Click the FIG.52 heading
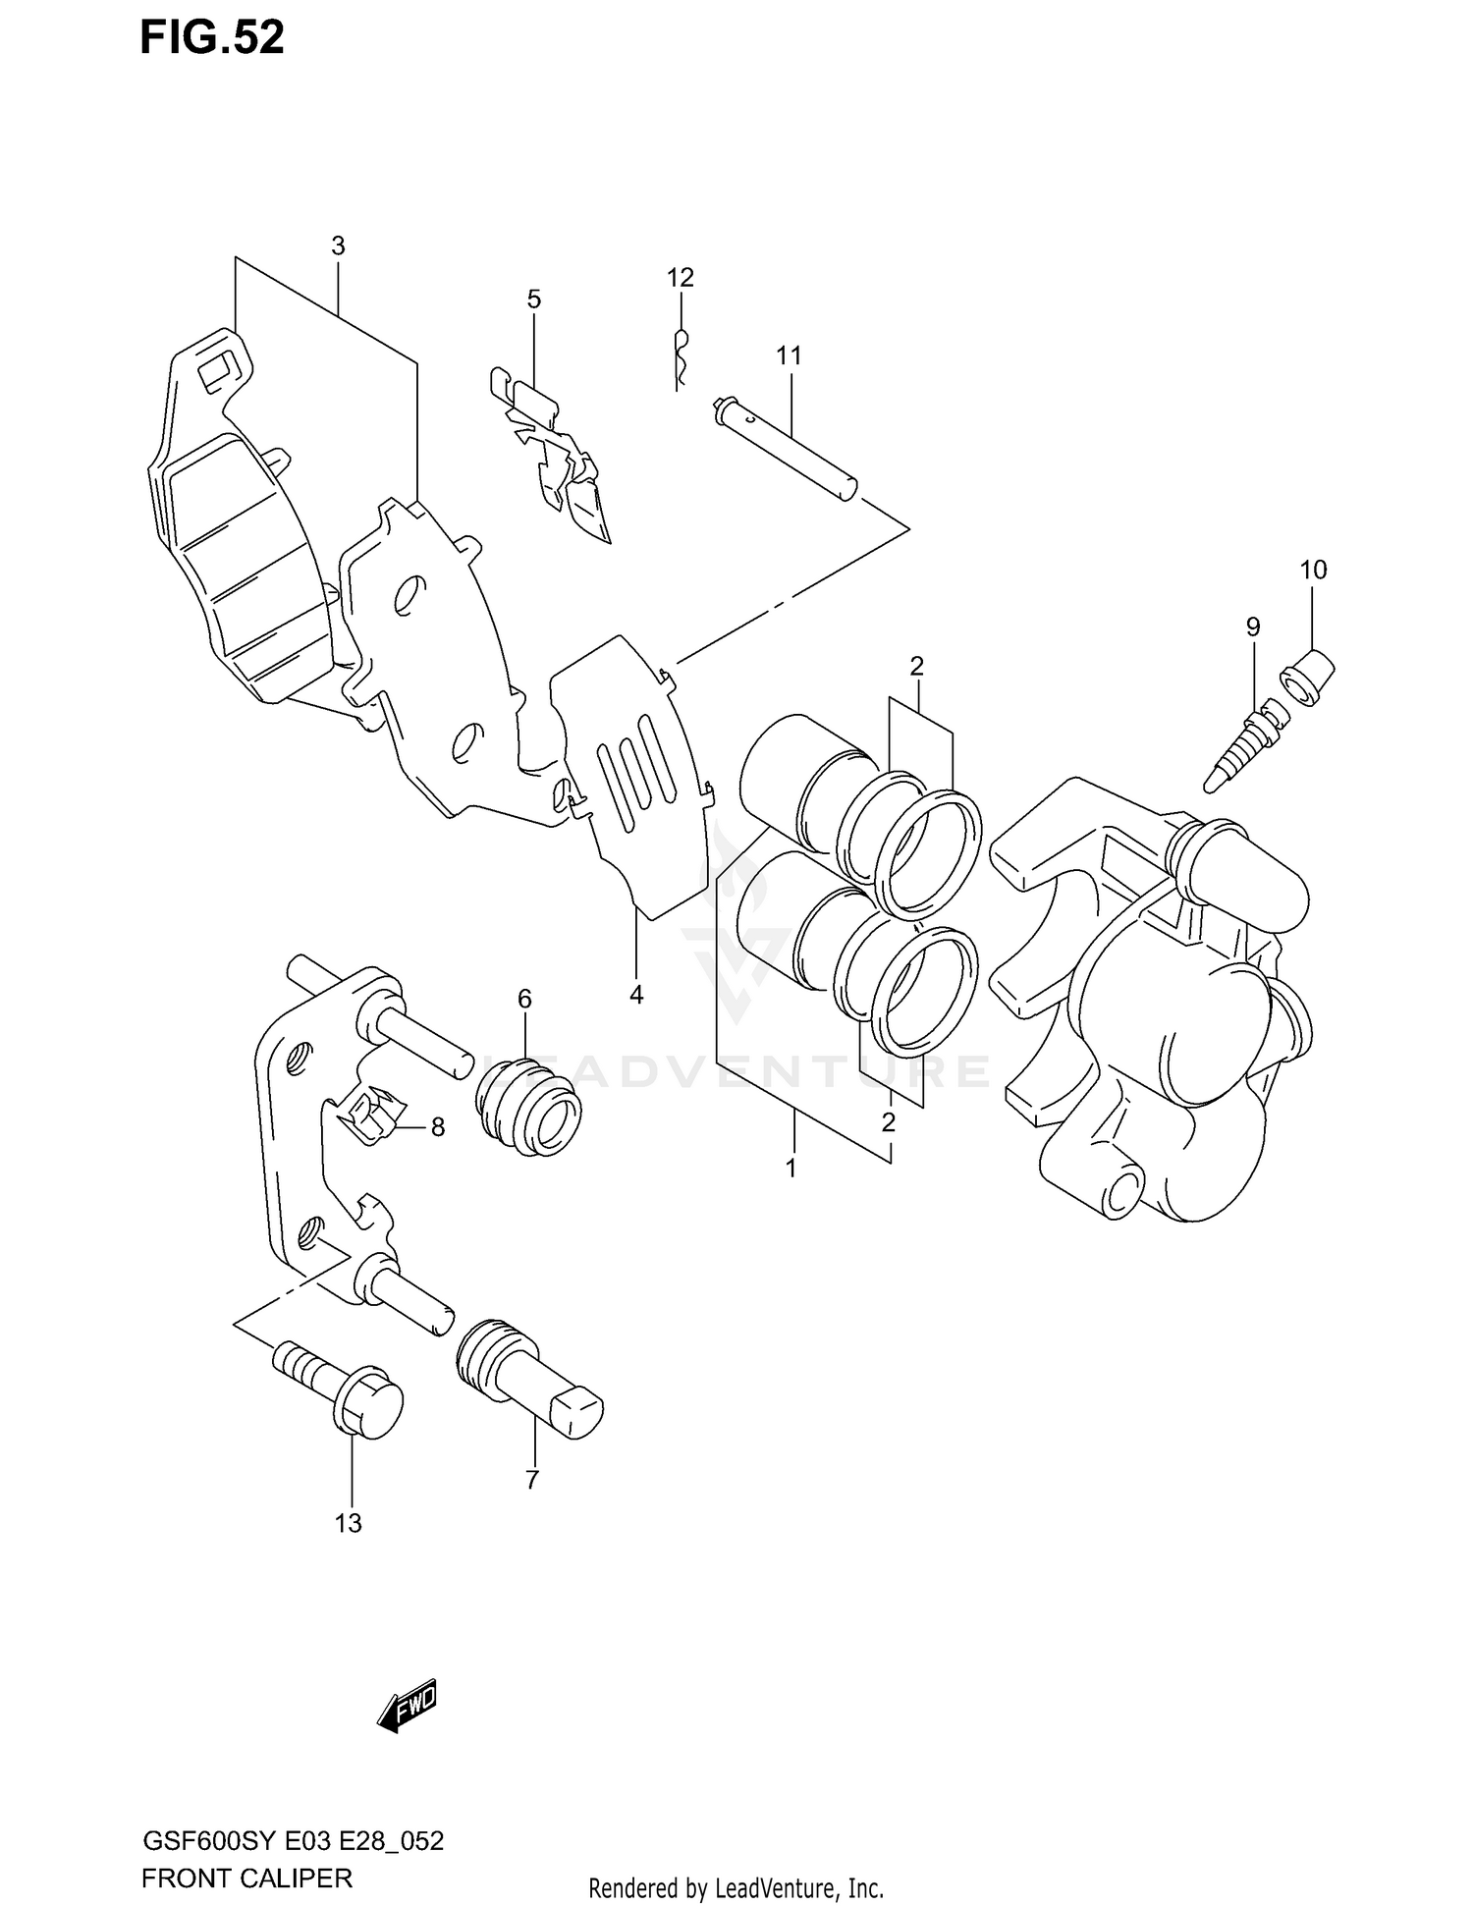tap(212, 37)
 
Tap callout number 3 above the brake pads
tap(338, 246)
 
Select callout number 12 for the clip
tap(681, 278)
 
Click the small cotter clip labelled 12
tap(680, 354)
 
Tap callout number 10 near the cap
tap(1313, 570)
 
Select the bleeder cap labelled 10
tap(1308, 678)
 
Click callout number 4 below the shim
tap(636, 995)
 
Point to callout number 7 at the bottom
tap(532, 1480)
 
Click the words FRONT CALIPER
tap(246, 1878)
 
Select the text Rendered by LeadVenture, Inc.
tap(736, 1887)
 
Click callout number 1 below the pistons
tap(791, 1169)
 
